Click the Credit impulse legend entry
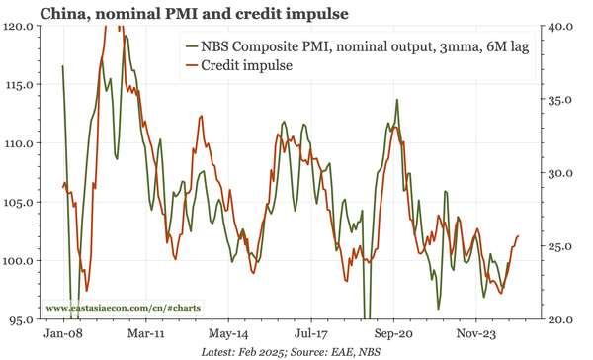pyautogui.click(x=248, y=65)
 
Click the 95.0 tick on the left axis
pyautogui.click(x=20, y=320)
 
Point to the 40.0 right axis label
pyautogui.click(x=561, y=26)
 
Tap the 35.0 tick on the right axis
pyautogui.click(x=561, y=99)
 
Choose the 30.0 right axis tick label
pyautogui.click(x=561, y=173)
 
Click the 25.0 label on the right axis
pyautogui.click(x=561, y=246)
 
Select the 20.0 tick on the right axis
pyautogui.click(x=561, y=320)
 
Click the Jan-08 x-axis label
pyautogui.click(x=64, y=334)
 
